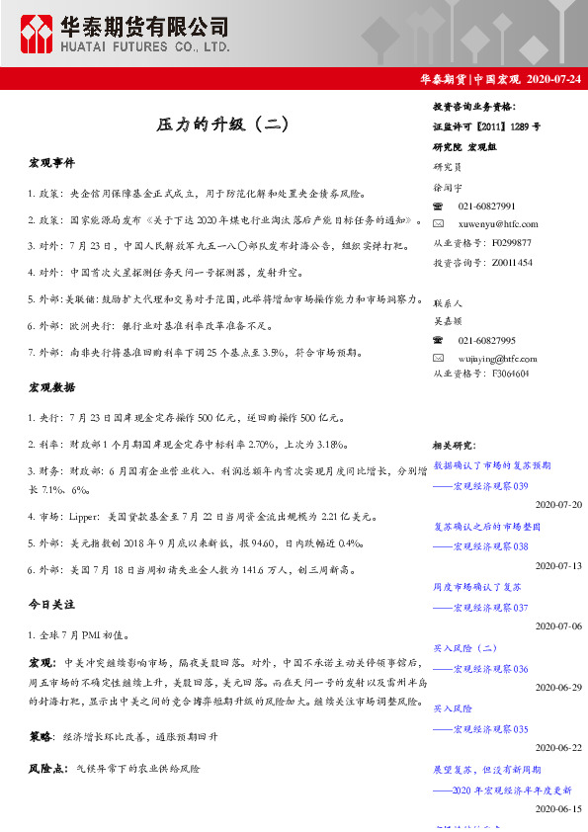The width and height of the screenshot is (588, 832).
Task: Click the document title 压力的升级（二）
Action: tap(222, 125)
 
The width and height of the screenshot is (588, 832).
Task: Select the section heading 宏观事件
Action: tap(51, 162)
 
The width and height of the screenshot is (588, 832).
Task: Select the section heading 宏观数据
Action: tap(51, 387)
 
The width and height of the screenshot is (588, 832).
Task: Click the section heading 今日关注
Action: tap(51, 603)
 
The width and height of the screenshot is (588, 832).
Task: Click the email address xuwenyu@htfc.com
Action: tap(498, 224)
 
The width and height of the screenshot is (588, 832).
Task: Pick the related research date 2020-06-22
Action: tap(558, 747)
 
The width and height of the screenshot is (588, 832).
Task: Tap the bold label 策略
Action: tap(41, 737)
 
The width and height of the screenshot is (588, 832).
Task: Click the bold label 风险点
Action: tap(45, 767)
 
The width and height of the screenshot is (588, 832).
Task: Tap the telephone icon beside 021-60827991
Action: tap(439, 206)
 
